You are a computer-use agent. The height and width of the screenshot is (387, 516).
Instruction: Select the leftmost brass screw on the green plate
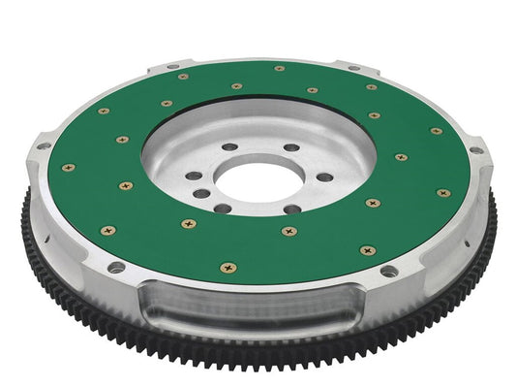pos(69,167)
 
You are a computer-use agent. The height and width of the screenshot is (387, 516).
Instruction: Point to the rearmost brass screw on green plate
pos(279,68)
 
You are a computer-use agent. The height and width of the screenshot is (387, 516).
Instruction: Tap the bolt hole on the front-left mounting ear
pos(116,267)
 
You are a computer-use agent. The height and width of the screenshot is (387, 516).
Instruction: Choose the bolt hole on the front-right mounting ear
pos(388,271)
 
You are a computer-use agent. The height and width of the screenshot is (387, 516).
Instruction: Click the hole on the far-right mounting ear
pos(474,150)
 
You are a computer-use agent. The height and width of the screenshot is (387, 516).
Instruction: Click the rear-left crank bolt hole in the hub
pos(229,147)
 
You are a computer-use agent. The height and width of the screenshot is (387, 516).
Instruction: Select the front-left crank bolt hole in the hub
pos(221,207)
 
